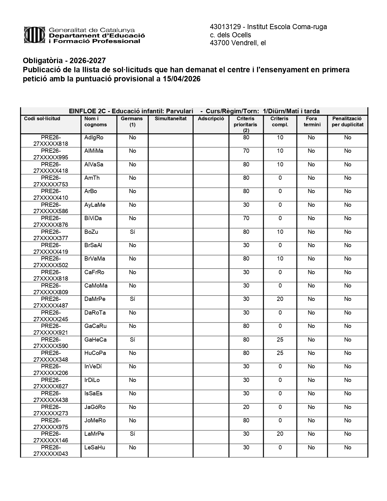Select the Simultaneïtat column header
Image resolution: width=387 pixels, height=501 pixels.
pyautogui.click(x=171, y=119)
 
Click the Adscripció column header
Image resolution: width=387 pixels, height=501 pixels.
pyautogui.click(x=211, y=119)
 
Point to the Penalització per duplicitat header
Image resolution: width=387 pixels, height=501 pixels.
pyautogui.click(x=347, y=121)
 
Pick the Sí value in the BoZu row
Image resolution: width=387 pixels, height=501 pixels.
pyautogui.click(x=132, y=232)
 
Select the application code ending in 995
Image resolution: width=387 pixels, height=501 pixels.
pyautogui.click(x=51, y=154)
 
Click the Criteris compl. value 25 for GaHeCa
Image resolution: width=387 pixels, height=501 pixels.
pyautogui.click(x=280, y=340)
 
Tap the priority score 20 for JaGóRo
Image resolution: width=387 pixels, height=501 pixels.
pyautogui.click(x=246, y=407)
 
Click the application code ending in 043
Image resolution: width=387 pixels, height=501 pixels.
pyautogui.click(x=51, y=451)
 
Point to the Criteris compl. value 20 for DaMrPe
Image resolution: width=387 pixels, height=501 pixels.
pyautogui.click(x=280, y=299)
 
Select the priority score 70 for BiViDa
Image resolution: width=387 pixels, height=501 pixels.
pyautogui.click(x=246, y=218)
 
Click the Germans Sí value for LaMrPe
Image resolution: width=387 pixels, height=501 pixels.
pyautogui.click(x=132, y=434)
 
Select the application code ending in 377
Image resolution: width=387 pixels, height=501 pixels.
pyautogui.click(x=51, y=235)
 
